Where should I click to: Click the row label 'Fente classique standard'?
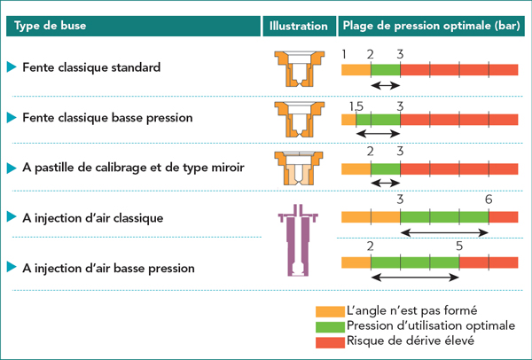[x=92, y=67]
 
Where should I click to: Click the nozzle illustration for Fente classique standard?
[x=293, y=68]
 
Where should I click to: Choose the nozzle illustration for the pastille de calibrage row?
[x=293, y=167]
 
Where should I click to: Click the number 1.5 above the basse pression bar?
[x=356, y=106]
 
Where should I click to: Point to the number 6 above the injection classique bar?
[x=489, y=200]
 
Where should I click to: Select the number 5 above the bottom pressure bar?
[x=459, y=246]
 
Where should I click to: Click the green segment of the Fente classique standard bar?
[x=386, y=68]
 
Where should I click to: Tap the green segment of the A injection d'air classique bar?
[x=444, y=215]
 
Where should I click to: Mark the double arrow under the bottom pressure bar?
[x=415, y=278]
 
